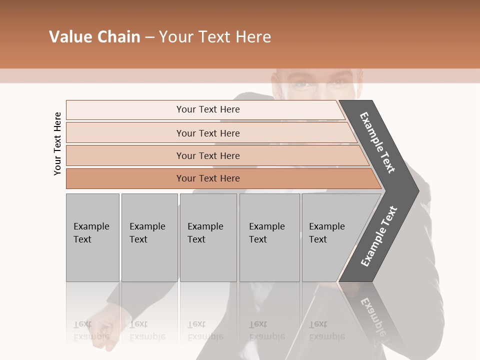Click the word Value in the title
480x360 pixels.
[x=70, y=37]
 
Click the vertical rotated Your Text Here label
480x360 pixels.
[x=57, y=143]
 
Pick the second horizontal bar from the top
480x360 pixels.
[x=208, y=133]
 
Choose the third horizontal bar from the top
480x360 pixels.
[x=208, y=155]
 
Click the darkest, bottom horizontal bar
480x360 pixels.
[x=208, y=178]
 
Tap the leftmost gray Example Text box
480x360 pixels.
[x=92, y=237]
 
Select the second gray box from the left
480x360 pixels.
[x=149, y=237]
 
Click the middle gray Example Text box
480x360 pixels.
[x=208, y=237]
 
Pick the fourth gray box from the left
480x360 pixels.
[x=269, y=237]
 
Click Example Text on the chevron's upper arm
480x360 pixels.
[x=377, y=142]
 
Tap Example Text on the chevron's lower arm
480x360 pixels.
[x=378, y=236]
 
